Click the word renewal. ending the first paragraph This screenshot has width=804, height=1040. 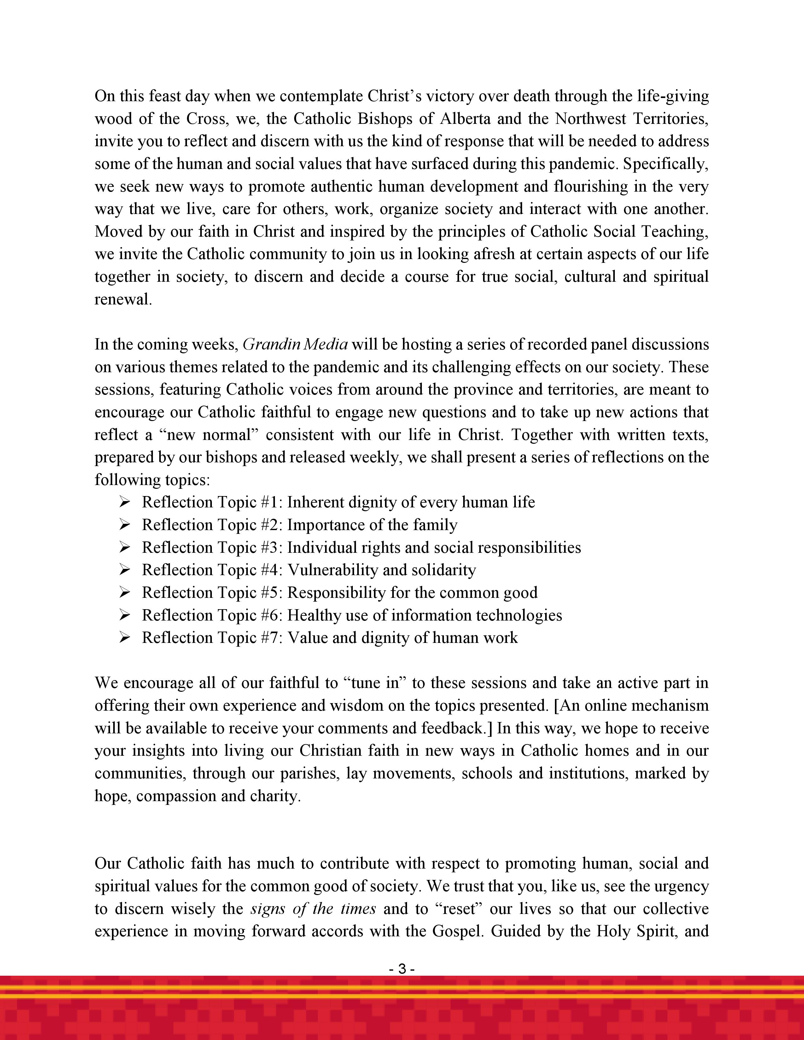[123, 299]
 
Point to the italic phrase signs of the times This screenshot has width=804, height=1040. [313, 909]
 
